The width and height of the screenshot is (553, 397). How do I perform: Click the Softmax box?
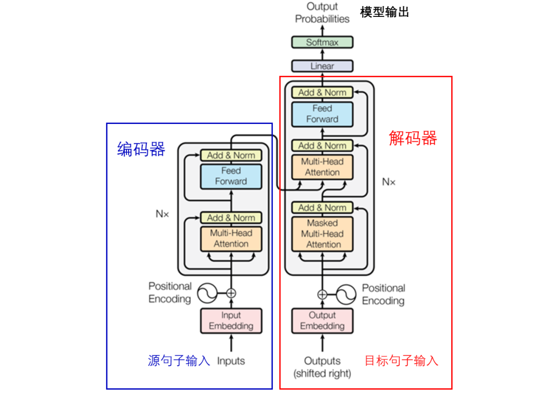point(322,43)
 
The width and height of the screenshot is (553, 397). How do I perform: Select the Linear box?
point(322,66)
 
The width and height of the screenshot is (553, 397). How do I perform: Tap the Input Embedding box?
point(231,321)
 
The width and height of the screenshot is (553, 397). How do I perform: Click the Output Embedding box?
point(322,321)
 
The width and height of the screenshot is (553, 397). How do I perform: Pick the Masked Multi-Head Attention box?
point(322,234)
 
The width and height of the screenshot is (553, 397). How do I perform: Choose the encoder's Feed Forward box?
point(231,176)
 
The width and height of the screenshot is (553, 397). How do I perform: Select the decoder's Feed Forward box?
point(322,114)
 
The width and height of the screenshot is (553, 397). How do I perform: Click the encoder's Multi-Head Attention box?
point(231,239)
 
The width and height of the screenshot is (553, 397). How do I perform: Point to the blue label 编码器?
point(141,149)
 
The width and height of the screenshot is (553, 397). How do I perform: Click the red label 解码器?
point(413,138)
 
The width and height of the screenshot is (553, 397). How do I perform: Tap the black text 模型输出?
point(385,12)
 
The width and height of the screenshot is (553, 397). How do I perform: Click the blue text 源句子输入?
point(179,361)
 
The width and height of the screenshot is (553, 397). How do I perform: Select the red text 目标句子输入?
point(401,361)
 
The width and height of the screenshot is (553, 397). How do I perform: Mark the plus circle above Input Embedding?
point(231,294)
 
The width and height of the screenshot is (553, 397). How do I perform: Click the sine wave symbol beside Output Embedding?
point(346,294)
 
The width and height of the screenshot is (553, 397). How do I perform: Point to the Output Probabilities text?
point(322,13)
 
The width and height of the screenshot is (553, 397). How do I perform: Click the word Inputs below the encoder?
point(231,361)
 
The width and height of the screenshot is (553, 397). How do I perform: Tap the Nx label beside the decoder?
point(389,181)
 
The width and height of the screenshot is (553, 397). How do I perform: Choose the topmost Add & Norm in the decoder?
point(322,93)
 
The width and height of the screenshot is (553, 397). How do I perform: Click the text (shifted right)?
point(322,373)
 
